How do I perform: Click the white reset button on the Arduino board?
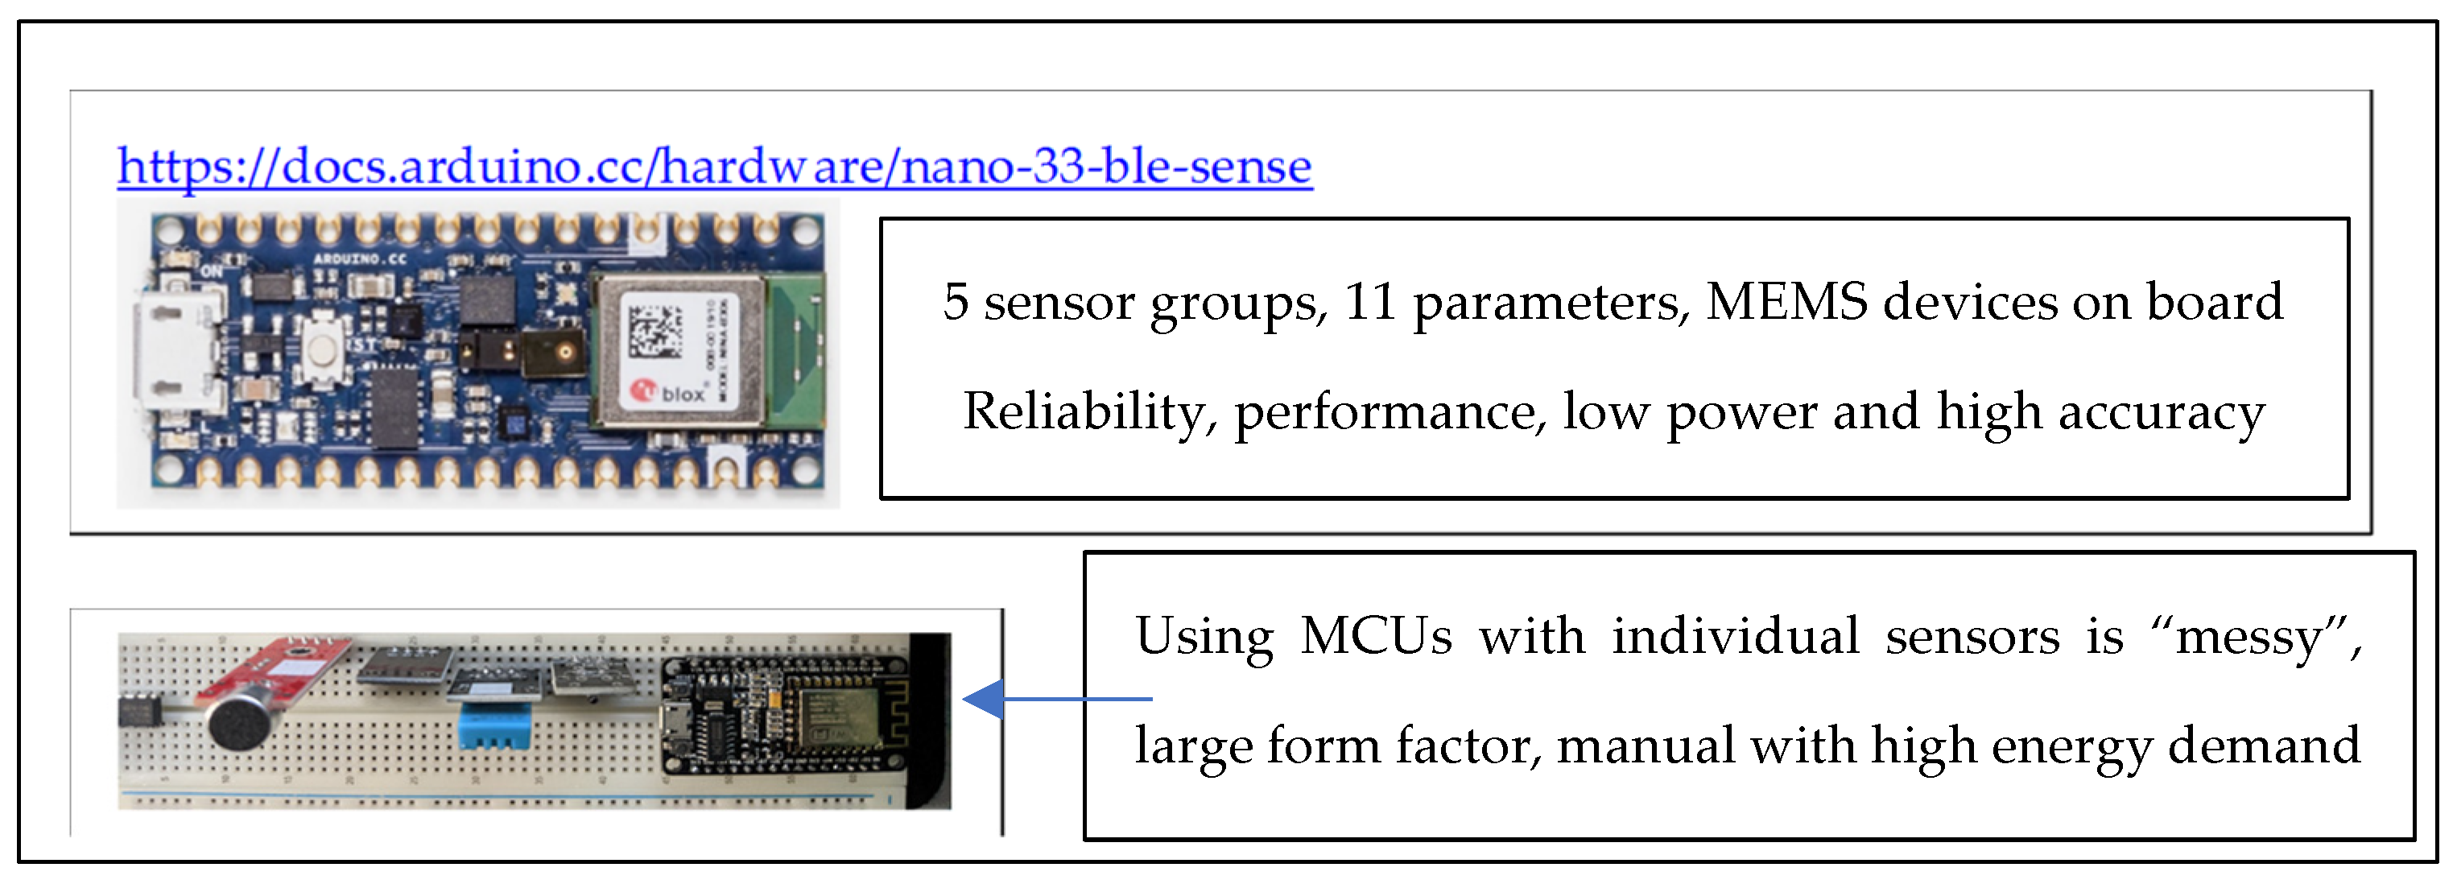tap(325, 353)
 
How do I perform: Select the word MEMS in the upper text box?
tap(1786, 301)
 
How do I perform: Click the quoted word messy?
tap(2251, 637)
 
